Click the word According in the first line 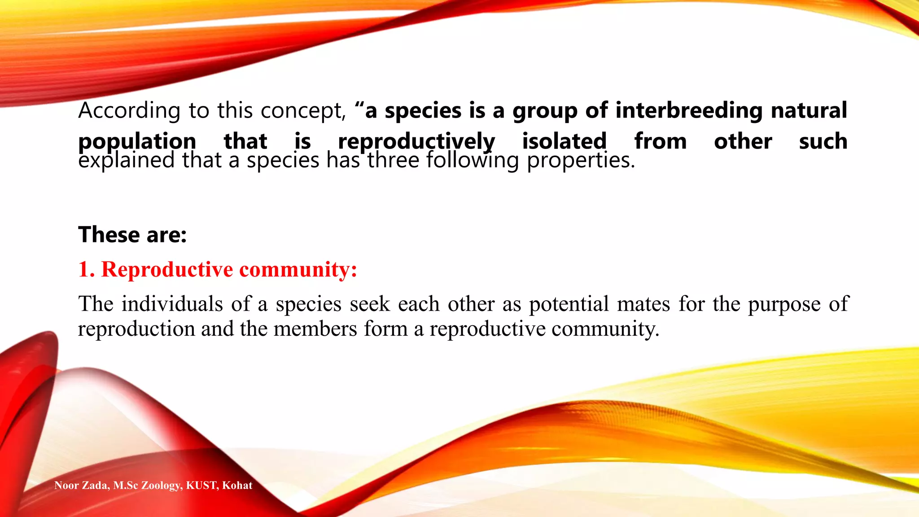pos(129,110)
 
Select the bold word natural pos(809,110)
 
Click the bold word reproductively pos(416,141)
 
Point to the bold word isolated pos(564,141)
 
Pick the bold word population pos(137,141)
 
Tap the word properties pos(581,161)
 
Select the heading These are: pos(132,235)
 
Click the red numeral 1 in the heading pos(84,269)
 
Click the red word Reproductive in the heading pos(167,269)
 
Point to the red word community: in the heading pos(298,269)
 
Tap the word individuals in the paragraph pos(172,304)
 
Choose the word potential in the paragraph pos(569,304)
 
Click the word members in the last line pos(315,329)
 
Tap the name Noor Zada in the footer pos(81,486)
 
